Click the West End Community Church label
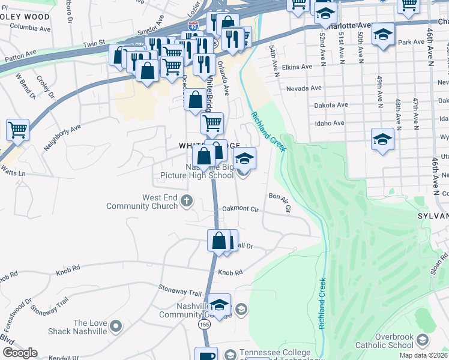tap(142, 202)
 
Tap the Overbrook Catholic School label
tap(385, 341)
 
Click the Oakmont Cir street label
tap(240, 209)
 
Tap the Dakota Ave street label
tap(331, 105)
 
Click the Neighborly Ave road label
tap(62, 137)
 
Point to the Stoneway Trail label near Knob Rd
tap(180, 292)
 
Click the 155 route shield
tap(205, 323)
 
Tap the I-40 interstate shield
tap(193, 27)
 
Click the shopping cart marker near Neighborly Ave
tap(17, 129)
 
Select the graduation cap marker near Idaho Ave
tap(382, 139)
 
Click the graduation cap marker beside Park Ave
tap(382, 34)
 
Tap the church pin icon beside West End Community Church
tap(187, 201)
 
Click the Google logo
tap(20, 353)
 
